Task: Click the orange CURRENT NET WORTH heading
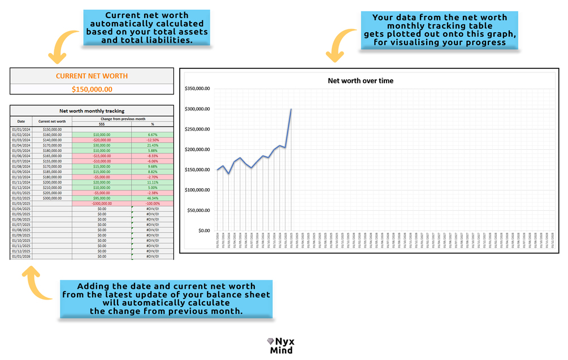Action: point(92,76)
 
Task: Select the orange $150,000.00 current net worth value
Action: point(92,89)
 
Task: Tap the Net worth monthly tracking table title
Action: point(92,111)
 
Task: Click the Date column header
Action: point(21,122)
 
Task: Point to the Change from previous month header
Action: point(123,119)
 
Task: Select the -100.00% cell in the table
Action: point(152,203)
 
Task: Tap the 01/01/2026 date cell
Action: point(21,257)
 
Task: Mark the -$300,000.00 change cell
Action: point(102,203)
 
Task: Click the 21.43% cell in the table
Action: point(152,145)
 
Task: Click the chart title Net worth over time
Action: point(361,81)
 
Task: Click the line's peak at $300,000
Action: point(291,109)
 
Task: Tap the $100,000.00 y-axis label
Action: point(198,190)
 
